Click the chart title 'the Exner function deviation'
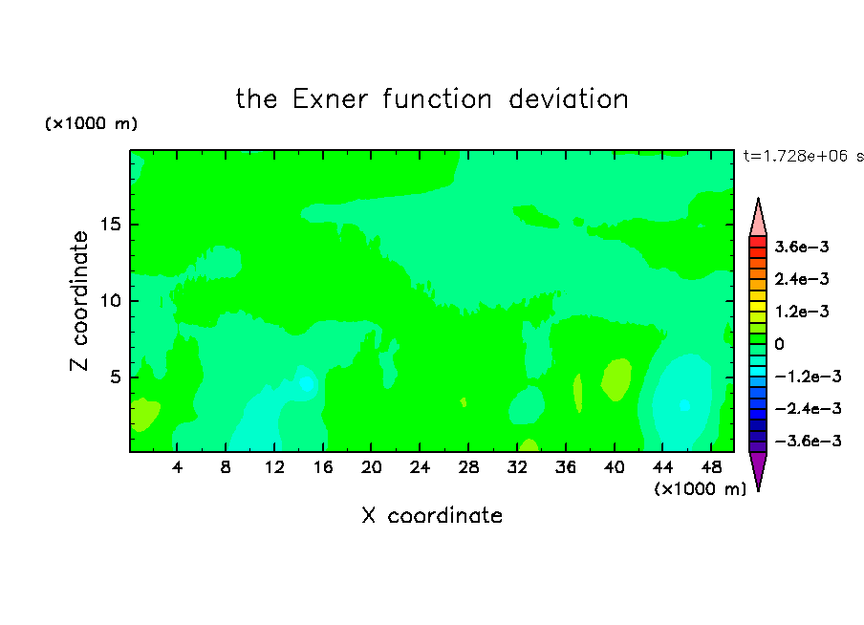(x=432, y=99)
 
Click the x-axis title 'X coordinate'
(x=432, y=515)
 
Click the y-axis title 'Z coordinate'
(x=79, y=301)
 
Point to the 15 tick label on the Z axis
(x=110, y=225)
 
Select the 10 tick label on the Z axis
(x=110, y=301)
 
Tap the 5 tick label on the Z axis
(x=115, y=377)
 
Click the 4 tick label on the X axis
(x=177, y=467)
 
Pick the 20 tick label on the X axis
(x=372, y=467)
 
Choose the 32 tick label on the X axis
(x=517, y=467)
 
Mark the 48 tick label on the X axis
(x=711, y=467)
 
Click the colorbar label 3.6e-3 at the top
(x=802, y=247)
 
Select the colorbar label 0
(x=779, y=344)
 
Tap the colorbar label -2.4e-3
(x=808, y=408)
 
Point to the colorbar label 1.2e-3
(x=802, y=312)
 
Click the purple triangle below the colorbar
(x=758, y=468)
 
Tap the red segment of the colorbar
(x=758, y=242)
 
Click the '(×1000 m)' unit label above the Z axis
(x=91, y=123)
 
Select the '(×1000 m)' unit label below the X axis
(x=700, y=489)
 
